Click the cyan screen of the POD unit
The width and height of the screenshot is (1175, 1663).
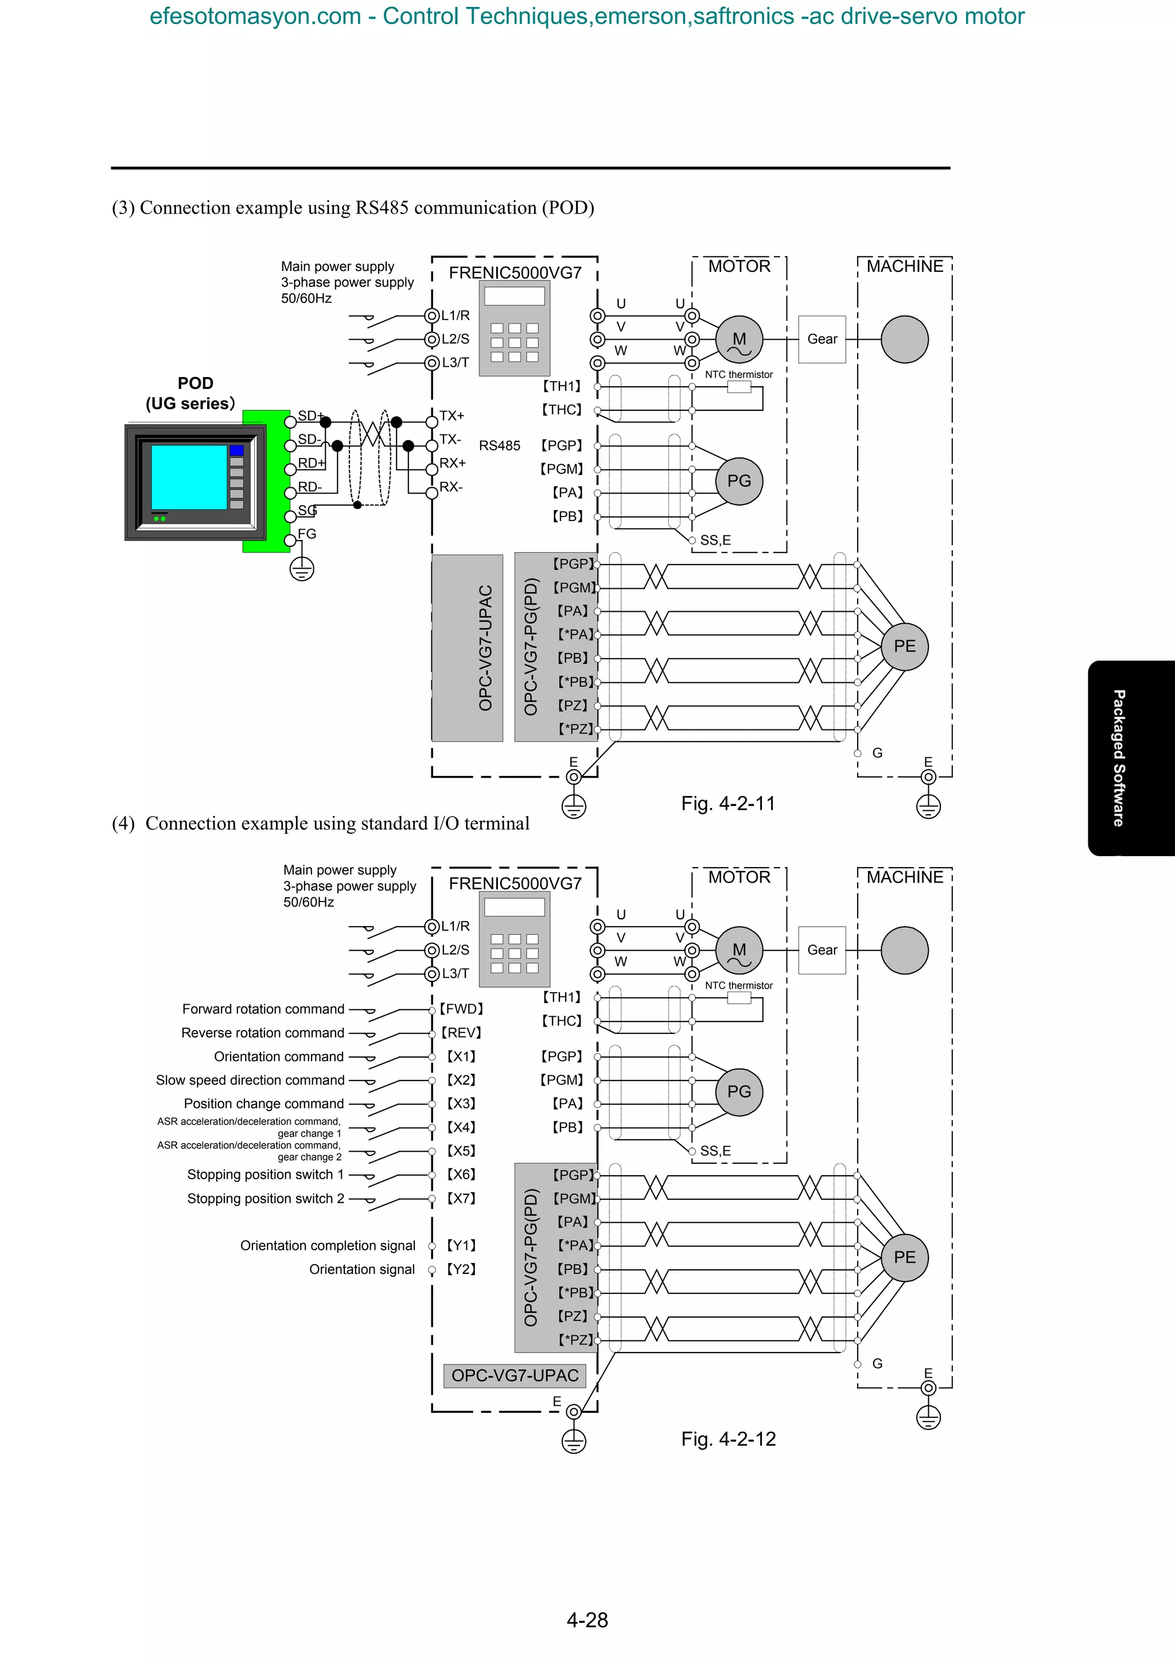tap(189, 477)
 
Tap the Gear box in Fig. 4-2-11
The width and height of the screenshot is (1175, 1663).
tap(822, 339)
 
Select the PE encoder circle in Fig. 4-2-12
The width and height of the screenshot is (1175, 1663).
tap(904, 1257)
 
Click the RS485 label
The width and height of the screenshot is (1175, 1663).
tap(500, 445)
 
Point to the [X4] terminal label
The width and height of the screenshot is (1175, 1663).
tap(461, 1127)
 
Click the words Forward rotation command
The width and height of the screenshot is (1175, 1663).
tap(263, 1009)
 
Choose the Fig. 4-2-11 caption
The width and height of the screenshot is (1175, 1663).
tap(727, 803)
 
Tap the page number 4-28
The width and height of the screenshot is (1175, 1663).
tap(587, 1619)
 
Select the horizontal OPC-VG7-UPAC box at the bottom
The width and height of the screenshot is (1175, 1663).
tap(515, 1376)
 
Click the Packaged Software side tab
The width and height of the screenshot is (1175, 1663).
tap(1119, 757)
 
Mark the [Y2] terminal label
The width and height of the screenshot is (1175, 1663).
tap(461, 1269)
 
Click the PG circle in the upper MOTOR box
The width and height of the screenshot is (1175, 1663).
tap(739, 481)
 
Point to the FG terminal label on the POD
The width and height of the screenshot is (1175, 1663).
tap(307, 534)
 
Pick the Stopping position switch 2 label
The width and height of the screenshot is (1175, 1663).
tap(266, 1199)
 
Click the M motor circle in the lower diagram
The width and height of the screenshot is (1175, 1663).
tap(739, 950)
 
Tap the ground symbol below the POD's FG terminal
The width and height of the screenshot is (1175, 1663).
tap(302, 569)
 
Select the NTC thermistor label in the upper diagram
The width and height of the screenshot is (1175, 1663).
tap(738, 375)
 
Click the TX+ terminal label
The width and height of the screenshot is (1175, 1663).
tap(452, 415)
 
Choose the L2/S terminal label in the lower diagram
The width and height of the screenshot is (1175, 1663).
tap(456, 950)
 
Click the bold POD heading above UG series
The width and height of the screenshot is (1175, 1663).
tap(196, 383)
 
